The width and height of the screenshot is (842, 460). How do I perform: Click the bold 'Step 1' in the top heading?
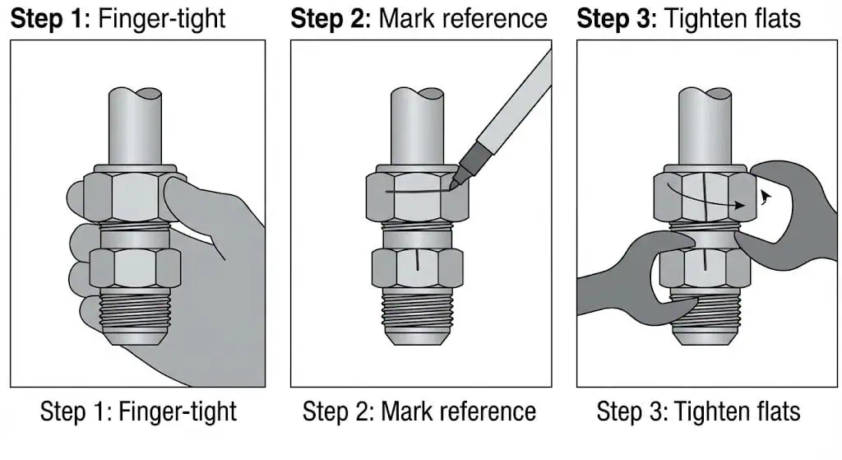coord(48,19)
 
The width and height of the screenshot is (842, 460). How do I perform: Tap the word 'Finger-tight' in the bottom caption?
coord(178,412)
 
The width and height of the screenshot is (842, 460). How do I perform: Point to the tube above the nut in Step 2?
coord(417,127)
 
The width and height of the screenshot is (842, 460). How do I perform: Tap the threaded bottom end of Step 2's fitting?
coord(418,317)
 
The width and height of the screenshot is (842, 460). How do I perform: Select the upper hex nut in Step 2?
coord(417,196)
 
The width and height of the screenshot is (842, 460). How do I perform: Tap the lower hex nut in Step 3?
coord(705,267)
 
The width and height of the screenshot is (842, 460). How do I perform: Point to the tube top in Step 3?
coord(705,97)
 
